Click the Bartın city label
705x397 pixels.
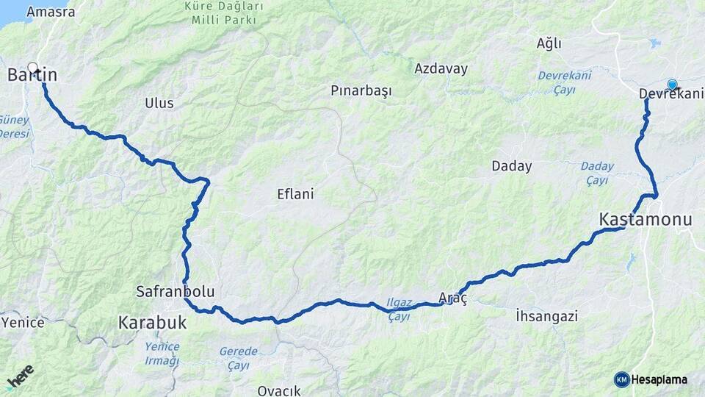coord(32,75)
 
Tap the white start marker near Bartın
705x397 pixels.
coord(32,66)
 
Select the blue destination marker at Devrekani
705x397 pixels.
coord(672,85)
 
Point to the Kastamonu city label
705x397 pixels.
coord(635,219)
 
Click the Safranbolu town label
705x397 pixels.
coord(175,292)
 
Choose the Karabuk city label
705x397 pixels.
coord(153,322)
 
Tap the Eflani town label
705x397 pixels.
coord(295,194)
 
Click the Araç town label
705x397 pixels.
coord(452,296)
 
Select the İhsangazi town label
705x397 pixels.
coord(546,316)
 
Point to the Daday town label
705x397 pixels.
coord(511,166)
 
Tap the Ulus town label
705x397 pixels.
coord(159,103)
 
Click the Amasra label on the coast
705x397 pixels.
coord(50,12)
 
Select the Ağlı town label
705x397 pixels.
coord(549,43)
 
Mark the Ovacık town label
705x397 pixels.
coord(279,390)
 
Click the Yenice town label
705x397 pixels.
coord(23,322)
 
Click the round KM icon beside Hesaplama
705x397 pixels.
coord(621,379)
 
